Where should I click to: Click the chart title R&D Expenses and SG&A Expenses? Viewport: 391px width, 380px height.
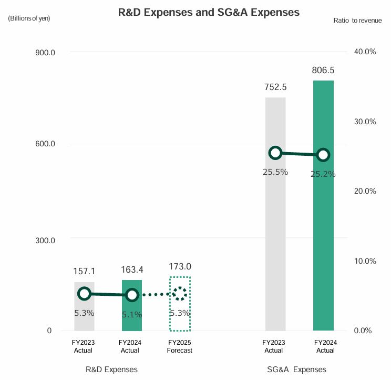(x=209, y=13)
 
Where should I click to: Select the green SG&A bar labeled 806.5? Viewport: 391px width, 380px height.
(x=323, y=237)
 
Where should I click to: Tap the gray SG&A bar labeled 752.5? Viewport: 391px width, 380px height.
(x=275, y=237)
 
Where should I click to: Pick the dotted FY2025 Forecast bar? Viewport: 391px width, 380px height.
(x=180, y=316)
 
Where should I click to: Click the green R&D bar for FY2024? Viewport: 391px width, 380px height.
(x=132, y=316)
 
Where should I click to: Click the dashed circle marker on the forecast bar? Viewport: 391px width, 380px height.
(x=180, y=294)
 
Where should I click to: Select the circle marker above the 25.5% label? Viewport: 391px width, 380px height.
(x=275, y=153)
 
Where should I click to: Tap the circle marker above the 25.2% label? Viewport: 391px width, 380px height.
(x=323, y=154)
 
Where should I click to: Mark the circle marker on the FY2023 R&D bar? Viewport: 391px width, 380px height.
(x=84, y=294)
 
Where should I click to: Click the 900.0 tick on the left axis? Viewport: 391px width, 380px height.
(x=44, y=52)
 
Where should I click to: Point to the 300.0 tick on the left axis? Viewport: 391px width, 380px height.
(x=44, y=241)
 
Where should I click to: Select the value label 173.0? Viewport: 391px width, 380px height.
(x=180, y=267)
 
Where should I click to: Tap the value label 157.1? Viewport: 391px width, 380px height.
(x=84, y=271)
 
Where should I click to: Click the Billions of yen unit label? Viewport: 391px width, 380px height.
(x=29, y=18)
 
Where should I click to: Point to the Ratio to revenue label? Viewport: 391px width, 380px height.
(x=357, y=20)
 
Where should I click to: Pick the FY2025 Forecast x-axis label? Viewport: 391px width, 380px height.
(x=180, y=346)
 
